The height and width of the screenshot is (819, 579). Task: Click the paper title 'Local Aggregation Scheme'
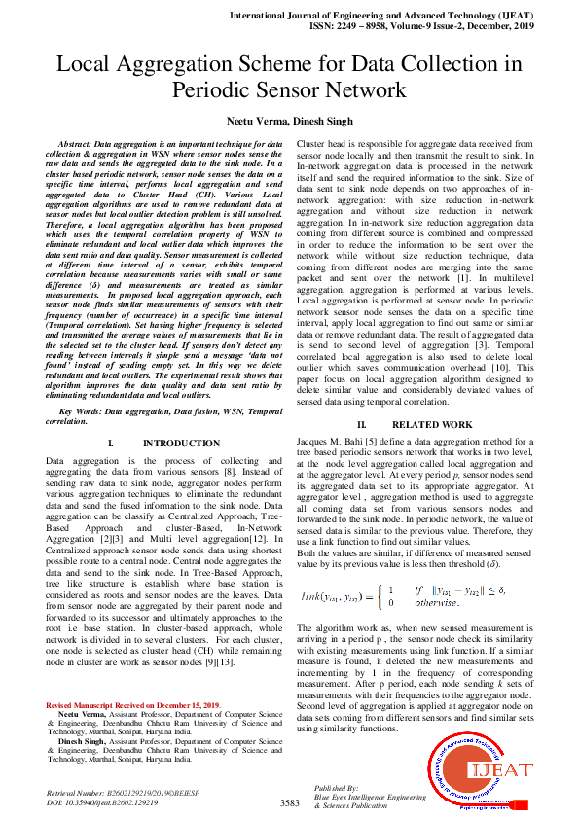(x=289, y=65)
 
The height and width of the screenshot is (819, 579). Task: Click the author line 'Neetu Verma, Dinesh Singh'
(x=289, y=118)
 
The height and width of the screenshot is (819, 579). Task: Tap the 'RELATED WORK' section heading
(x=432, y=425)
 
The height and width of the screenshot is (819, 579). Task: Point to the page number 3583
(x=289, y=802)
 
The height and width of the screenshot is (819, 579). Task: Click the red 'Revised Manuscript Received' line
(x=133, y=704)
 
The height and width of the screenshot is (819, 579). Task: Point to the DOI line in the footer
(x=102, y=803)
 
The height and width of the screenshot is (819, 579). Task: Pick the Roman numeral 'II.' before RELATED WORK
(x=361, y=425)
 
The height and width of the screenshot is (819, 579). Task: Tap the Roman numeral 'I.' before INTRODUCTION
(x=111, y=444)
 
